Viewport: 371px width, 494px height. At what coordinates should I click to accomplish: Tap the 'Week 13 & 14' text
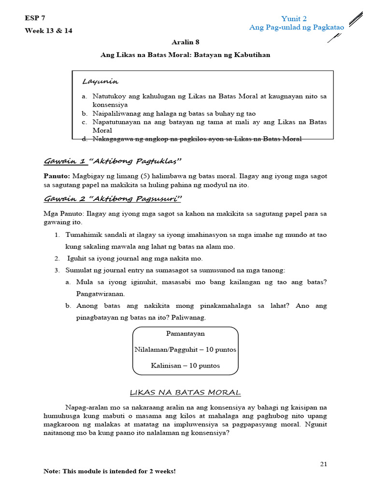coord(48,30)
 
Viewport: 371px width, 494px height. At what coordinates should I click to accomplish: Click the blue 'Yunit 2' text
coord(294,19)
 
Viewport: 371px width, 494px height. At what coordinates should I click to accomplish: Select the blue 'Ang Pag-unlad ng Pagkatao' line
coord(296,27)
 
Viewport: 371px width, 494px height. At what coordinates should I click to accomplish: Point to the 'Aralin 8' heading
coord(185,42)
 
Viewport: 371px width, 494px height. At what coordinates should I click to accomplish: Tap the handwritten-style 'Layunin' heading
coord(100,81)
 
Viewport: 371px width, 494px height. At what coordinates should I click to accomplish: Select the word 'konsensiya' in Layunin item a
coord(110,105)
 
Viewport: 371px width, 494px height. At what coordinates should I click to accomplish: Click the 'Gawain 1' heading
coord(65,161)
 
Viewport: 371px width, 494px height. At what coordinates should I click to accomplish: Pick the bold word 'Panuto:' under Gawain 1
coord(57,177)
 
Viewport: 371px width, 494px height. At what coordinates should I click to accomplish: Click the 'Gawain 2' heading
coord(65,199)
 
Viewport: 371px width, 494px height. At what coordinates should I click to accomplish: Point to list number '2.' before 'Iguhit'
coord(57,259)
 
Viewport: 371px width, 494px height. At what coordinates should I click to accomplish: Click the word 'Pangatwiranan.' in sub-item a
coord(100,293)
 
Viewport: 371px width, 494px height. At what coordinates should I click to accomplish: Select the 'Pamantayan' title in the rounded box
coord(185,333)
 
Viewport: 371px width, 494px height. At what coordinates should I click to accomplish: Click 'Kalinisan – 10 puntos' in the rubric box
coord(185,365)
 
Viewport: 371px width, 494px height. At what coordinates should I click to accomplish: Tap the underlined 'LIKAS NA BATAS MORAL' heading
coord(185,392)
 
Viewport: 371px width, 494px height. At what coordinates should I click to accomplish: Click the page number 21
coord(324,464)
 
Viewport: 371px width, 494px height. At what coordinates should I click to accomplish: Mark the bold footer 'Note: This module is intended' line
coord(110,471)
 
